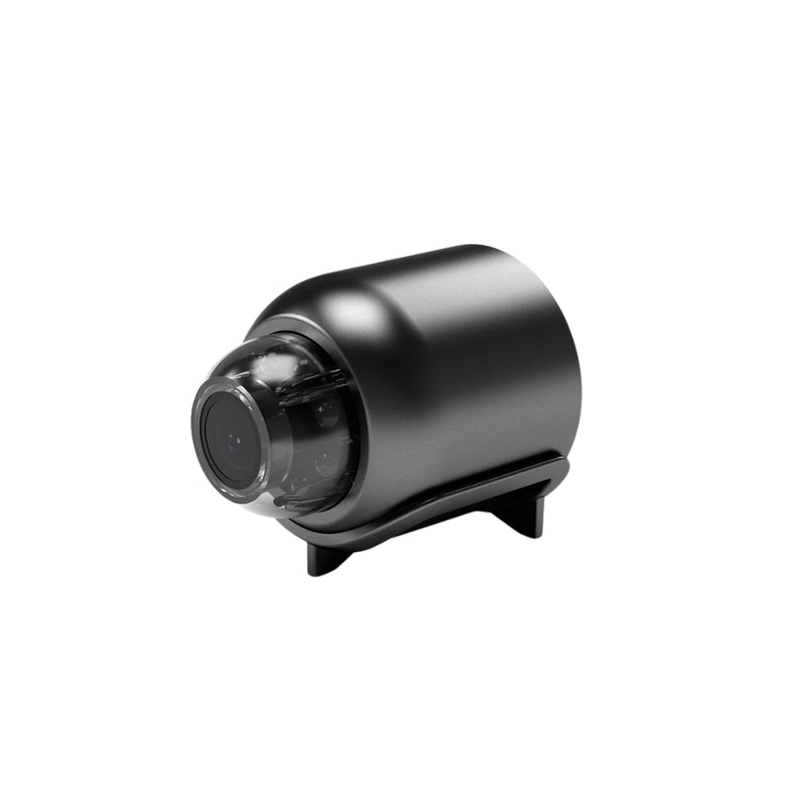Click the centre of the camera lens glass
[x=229, y=441]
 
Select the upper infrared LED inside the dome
[x=327, y=413]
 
